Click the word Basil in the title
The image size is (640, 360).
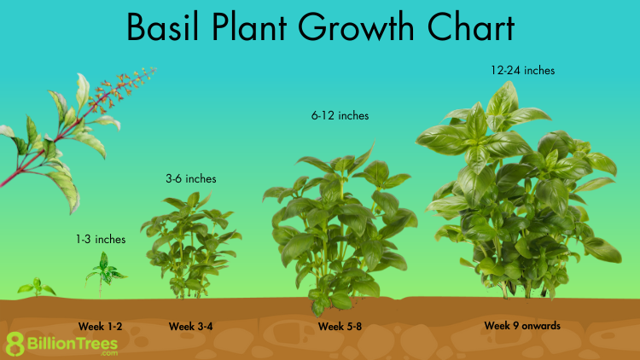162,27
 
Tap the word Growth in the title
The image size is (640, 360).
356,27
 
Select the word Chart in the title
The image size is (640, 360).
471,27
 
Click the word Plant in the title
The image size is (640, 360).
249,27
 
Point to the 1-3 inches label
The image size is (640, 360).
101,239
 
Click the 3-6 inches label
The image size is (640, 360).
191,178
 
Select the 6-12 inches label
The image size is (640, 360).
340,115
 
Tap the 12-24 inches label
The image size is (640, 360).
523,70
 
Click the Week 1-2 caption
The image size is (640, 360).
101,327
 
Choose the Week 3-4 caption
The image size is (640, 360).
191,327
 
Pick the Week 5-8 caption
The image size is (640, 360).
340,327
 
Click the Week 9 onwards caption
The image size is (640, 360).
522,326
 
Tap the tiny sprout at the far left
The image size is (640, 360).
37,287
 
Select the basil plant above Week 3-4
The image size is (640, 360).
191,245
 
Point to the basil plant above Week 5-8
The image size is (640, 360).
340,229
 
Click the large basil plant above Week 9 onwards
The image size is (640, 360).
519,192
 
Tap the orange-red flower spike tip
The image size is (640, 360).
154,70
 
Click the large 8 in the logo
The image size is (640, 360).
15,344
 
